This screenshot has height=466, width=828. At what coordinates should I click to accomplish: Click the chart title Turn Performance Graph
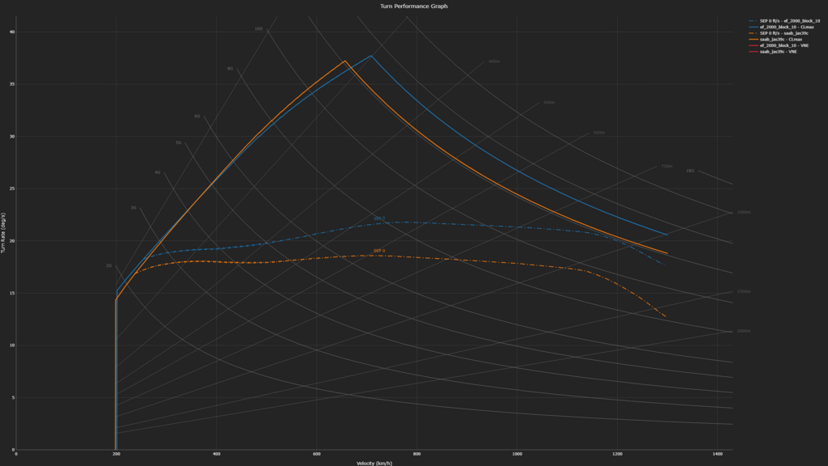click(413, 6)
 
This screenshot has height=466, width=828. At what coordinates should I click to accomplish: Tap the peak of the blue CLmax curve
click(371, 56)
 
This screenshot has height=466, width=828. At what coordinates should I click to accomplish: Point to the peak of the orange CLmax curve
click(345, 61)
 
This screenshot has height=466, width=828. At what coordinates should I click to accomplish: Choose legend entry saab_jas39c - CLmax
click(786, 39)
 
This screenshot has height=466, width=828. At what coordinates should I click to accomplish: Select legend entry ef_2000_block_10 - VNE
click(786, 45)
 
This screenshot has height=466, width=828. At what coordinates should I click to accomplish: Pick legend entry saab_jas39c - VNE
click(780, 52)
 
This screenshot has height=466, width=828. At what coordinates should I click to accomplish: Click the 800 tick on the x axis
click(417, 454)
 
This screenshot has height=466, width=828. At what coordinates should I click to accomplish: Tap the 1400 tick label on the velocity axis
click(717, 454)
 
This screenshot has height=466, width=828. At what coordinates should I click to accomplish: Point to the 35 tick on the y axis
click(12, 84)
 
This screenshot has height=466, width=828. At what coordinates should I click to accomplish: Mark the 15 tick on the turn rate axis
click(12, 293)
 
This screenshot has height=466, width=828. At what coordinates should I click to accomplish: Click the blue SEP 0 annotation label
click(379, 218)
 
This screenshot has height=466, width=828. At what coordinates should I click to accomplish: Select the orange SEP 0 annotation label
click(379, 251)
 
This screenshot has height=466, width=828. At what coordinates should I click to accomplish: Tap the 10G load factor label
click(259, 28)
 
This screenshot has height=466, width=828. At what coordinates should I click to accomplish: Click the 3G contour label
click(134, 208)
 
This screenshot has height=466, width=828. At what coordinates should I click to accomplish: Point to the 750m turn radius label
click(666, 166)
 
